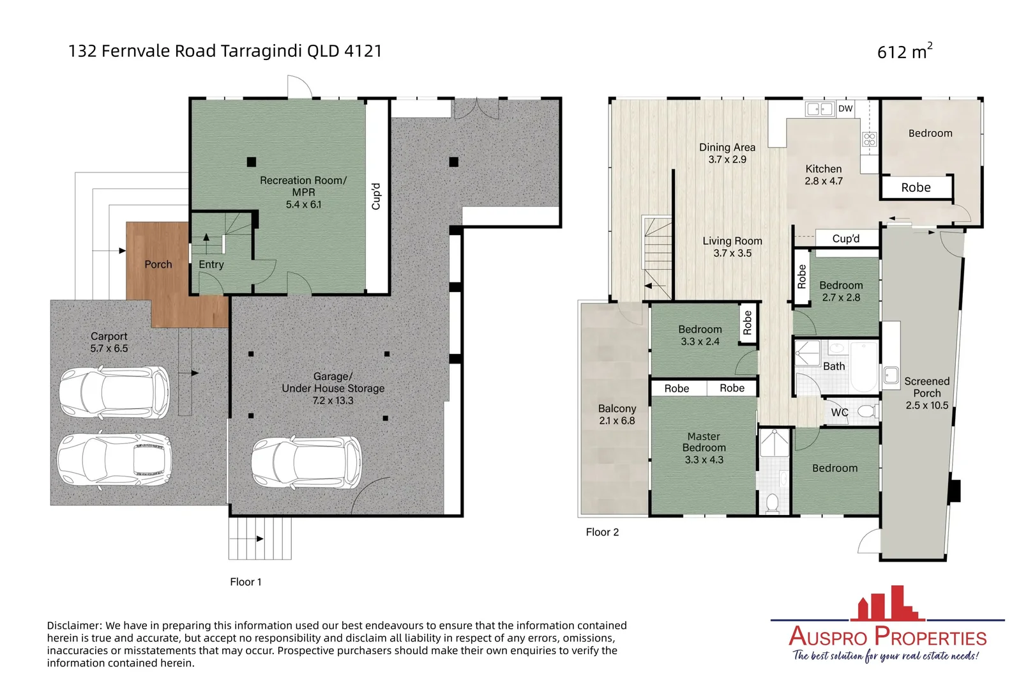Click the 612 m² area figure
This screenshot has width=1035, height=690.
904,51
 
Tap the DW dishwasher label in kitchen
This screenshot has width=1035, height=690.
845,109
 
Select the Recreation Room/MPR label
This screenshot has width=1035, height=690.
303,192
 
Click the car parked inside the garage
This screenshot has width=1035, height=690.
306,462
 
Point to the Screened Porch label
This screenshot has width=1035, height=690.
926,392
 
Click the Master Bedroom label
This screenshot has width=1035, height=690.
704,447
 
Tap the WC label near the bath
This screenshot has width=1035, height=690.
839,413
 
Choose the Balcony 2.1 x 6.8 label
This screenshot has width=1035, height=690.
617,414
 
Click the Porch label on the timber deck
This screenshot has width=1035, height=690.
158,264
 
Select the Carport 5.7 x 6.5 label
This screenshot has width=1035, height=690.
109,342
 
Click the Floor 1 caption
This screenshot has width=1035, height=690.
246,582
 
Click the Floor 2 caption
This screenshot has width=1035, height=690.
602,532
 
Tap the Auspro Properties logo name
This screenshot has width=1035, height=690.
888,637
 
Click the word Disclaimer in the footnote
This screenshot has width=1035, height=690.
74,625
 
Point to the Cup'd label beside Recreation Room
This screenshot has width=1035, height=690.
376,196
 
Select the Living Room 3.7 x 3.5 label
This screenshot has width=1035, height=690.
732,247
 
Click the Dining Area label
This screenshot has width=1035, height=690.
727,153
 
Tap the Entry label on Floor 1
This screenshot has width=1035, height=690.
211,264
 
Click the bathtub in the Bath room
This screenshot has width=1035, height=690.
864,367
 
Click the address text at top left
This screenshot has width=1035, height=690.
225,51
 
